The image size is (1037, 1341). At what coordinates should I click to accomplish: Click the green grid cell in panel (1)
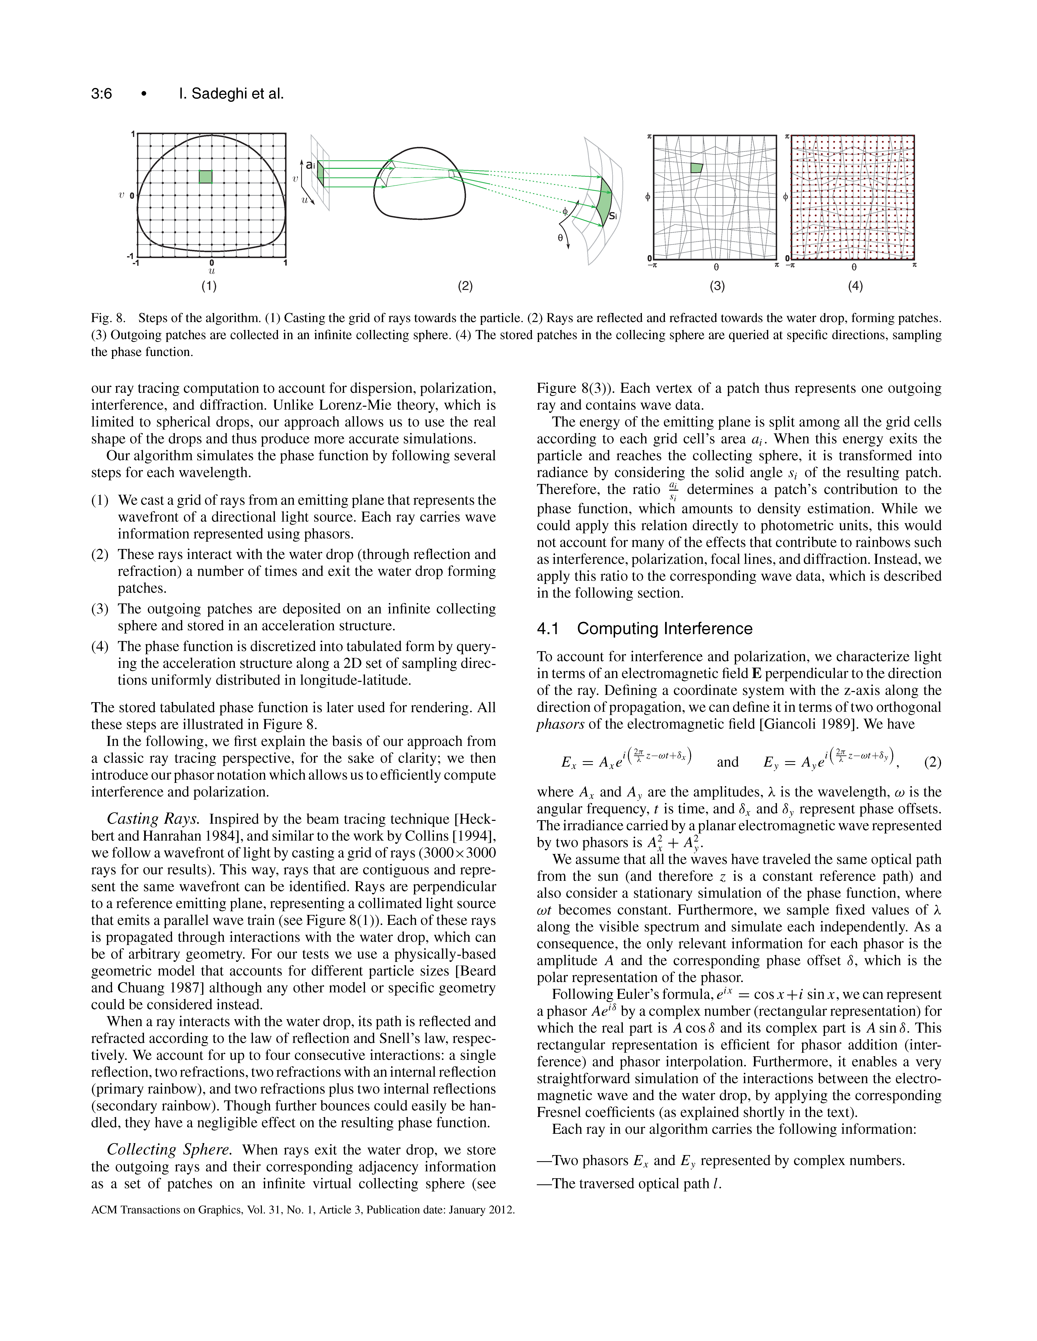[x=206, y=177]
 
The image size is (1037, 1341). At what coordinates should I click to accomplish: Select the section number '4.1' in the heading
[x=548, y=629]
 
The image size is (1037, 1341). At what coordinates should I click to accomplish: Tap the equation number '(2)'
[x=932, y=763]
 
